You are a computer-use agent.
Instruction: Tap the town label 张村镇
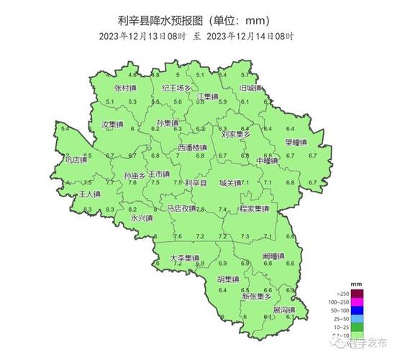tap(126, 88)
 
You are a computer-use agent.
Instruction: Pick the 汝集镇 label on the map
tap(113, 125)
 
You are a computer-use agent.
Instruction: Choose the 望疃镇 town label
tap(296, 142)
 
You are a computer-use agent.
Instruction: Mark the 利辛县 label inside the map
tap(196, 184)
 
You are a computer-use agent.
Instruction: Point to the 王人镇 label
tap(90, 194)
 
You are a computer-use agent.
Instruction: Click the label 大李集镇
tap(184, 258)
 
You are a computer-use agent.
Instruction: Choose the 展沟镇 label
tap(283, 311)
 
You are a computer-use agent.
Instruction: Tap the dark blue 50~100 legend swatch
tap(357, 310)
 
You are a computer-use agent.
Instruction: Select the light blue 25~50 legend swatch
tap(357, 318)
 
